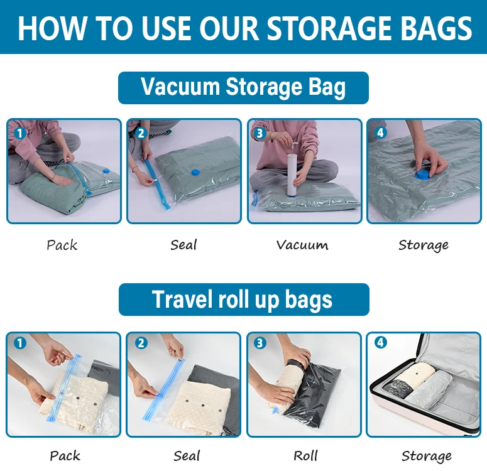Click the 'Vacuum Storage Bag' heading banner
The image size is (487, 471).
pos(243,87)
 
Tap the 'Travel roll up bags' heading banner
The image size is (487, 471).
pos(243,300)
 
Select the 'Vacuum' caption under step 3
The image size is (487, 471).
pos(302,244)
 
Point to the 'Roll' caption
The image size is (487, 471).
pos(305,455)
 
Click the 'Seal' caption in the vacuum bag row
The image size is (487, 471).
pos(183,244)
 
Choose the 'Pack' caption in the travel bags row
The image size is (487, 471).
pos(65,455)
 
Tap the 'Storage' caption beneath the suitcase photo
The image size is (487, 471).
pos(427,455)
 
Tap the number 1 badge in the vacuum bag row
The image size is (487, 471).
pos(19,133)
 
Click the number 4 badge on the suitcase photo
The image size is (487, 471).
pos(381,343)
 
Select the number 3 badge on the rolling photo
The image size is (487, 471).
pos(260,343)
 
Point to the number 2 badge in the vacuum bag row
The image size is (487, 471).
pos(140,133)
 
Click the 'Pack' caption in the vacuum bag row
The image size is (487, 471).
pos(62,244)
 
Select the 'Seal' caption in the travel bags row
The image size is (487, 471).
pos(187,455)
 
